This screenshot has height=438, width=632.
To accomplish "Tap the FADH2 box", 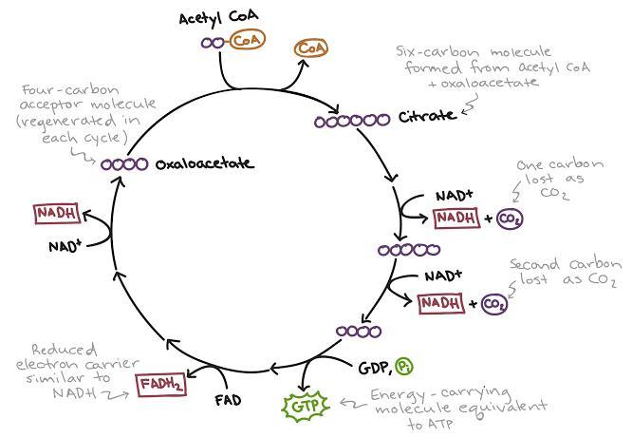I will [x=161, y=385].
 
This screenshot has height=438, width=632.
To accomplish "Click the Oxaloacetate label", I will [x=204, y=163].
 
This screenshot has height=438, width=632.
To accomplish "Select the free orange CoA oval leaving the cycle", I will [x=310, y=48].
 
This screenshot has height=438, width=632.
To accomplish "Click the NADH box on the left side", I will [x=56, y=214].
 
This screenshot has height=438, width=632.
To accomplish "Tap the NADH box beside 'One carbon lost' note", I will [x=457, y=219].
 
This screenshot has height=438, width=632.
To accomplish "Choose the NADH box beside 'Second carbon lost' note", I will [x=440, y=303].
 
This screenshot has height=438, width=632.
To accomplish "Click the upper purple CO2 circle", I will [x=510, y=219].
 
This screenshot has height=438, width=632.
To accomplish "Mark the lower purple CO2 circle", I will [x=493, y=304].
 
